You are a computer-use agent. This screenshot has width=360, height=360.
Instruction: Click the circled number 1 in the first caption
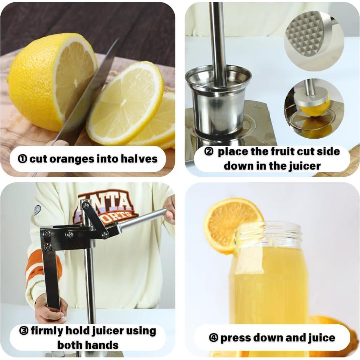(23, 159)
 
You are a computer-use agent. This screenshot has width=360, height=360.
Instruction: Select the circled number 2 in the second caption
(209, 152)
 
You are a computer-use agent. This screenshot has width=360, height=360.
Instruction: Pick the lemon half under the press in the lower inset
(315, 107)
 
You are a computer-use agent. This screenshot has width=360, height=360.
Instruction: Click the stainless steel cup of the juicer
(218, 101)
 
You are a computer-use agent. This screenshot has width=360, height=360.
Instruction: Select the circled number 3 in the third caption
(24, 331)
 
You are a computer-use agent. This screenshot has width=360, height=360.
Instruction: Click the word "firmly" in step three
(47, 331)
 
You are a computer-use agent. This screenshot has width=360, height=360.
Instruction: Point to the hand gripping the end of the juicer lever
(170, 209)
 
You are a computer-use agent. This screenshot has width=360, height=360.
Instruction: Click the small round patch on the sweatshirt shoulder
(37, 210)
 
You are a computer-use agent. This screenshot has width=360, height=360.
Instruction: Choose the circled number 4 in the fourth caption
(213, 338)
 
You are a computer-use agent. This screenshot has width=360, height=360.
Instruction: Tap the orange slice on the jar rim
(232, 225)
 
